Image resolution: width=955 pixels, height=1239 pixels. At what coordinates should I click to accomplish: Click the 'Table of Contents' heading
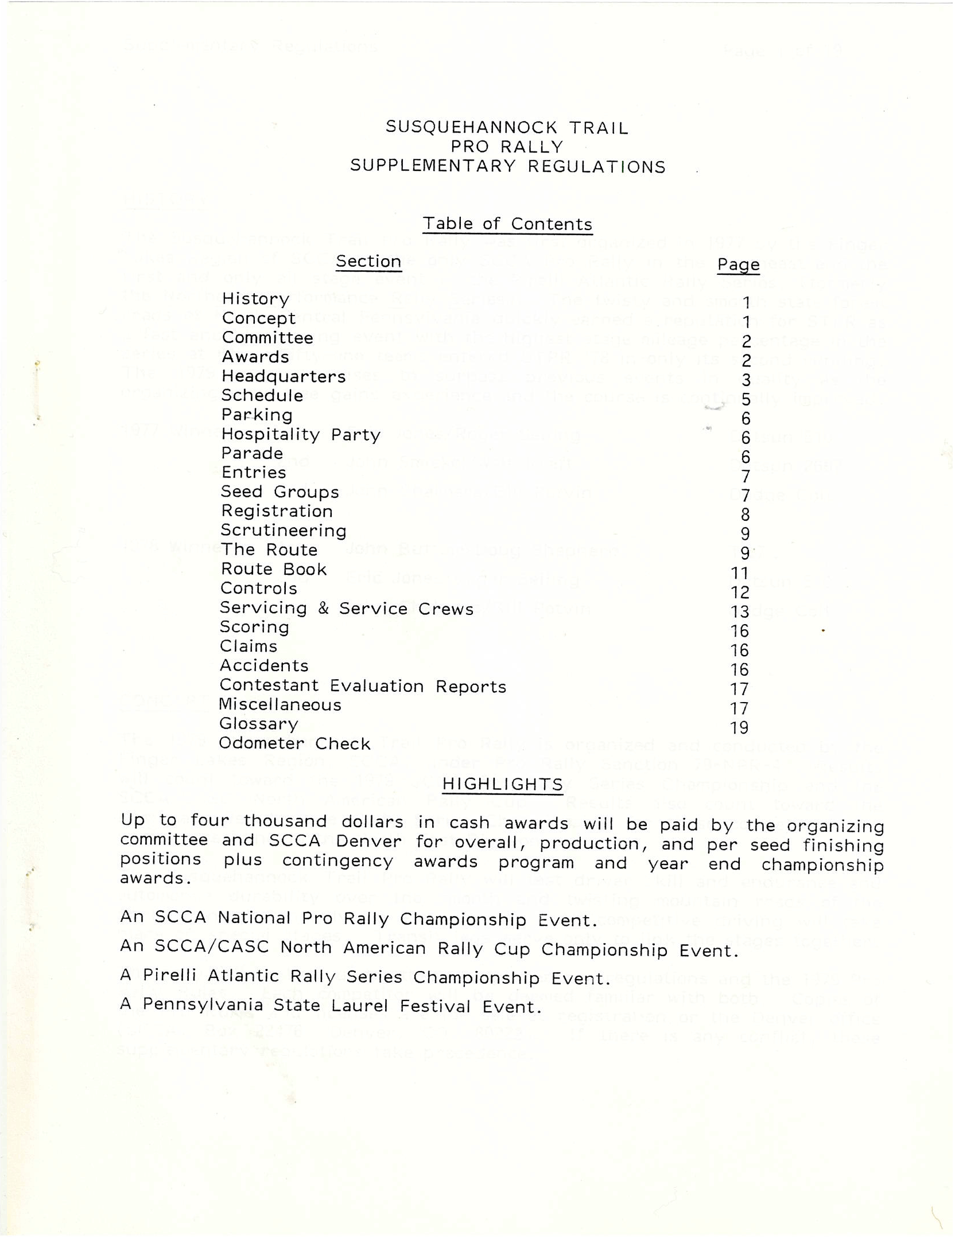coord(507,224)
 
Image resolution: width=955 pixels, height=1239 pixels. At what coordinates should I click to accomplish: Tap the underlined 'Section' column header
coord(368,262)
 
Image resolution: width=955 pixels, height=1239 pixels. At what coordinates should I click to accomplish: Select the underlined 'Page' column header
coord(738,264)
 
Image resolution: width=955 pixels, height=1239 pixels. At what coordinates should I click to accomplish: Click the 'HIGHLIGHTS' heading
coord(503,784)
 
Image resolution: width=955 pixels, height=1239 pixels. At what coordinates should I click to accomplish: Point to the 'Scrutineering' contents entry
coord(284,531)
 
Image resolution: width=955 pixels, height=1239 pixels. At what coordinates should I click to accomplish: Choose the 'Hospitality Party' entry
coord(301,435)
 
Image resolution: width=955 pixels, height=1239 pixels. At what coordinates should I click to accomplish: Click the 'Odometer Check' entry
coord(294,743)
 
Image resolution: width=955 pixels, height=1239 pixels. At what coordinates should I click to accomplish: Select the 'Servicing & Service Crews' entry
coord(347,608)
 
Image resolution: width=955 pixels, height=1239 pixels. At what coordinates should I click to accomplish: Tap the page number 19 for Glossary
coord(739,728)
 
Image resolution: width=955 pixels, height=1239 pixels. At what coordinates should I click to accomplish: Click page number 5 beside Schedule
coord(746,399)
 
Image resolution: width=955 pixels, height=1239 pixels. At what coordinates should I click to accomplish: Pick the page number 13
coord(740,611)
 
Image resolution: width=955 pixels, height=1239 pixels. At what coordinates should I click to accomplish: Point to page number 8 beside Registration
coord(745,515)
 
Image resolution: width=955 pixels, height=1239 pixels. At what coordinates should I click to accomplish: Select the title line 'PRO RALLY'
coord(507,147)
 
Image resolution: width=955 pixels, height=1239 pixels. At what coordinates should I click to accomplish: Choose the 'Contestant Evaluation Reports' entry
coord(363,686)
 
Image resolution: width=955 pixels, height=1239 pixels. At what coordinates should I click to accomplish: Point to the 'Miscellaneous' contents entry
coord(280,704)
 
